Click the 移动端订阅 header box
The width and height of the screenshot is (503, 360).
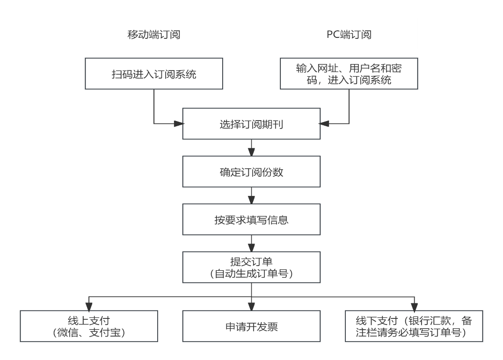coord(153,34)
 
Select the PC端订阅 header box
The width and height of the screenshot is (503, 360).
coord(349,34)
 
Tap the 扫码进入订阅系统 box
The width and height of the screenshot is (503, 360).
coord(153,73)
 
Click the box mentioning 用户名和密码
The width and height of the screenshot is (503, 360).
coord(349,73)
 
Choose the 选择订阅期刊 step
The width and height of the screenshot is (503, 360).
coord(251,124)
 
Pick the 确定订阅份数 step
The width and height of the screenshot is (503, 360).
coord(251,172)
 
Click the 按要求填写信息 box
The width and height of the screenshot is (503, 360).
coord(251,219)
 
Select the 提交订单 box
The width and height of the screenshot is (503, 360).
coord(251,267)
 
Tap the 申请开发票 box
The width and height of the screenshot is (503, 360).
coord(251,326)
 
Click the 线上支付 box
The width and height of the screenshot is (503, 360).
coord(89,326)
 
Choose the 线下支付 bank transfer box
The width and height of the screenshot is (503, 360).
coord(413,326)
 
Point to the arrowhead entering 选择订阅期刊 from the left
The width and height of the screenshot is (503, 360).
coord(178,124)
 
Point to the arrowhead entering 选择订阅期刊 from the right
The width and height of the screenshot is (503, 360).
coord(324,124)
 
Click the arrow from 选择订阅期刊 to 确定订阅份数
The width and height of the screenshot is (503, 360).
coord(251,148)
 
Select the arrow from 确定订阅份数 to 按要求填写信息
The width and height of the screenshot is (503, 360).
coord(251,195)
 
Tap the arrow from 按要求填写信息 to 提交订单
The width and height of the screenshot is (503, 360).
coord(251,243)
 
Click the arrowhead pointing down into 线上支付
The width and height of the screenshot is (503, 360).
coord(89,306)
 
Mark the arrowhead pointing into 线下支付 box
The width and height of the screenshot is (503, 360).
coord(414,306)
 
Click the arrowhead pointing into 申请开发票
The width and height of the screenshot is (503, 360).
coord(251,306)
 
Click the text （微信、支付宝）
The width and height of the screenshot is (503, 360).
coord(89,332)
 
